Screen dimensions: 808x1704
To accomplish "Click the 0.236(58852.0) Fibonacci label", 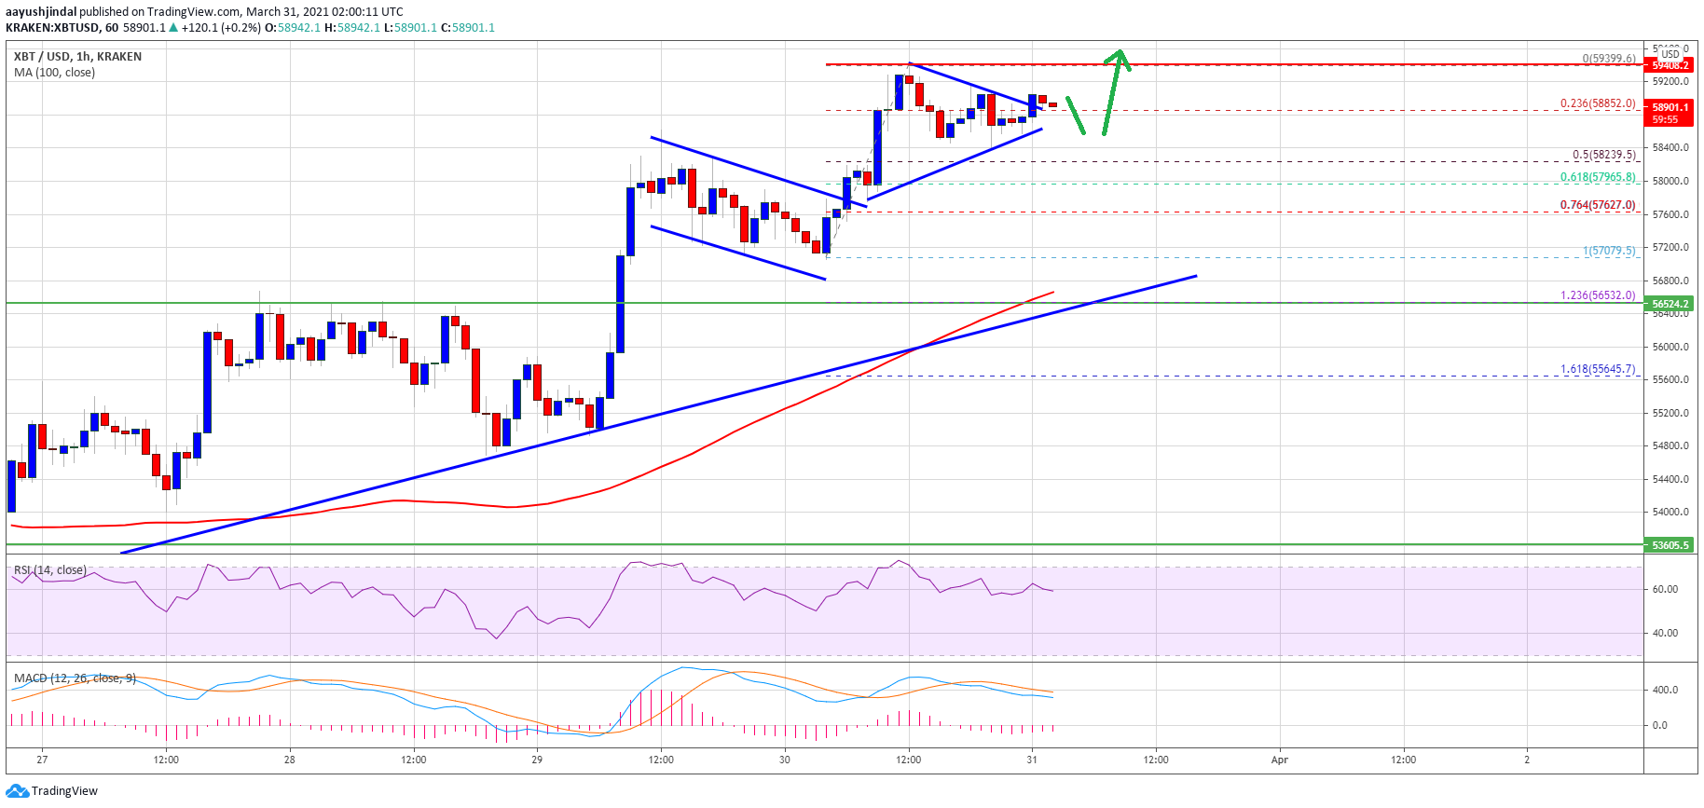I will point(1597,103).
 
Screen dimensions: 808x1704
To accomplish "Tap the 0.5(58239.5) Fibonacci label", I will point(1603,155).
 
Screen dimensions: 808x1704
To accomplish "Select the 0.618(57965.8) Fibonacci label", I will point(1598,177).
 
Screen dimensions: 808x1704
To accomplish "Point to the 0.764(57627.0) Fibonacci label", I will point(1598,205).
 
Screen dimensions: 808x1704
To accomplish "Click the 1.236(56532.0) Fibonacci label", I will point(1598,295).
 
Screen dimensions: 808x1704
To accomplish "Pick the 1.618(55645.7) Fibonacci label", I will point(1598,369).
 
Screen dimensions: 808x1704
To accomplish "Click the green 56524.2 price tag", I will point(1670,304).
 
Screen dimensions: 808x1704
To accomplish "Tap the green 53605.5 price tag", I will point(1670,545).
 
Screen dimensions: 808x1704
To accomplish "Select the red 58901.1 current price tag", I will point(1670,108).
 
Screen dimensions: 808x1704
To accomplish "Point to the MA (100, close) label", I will point(54,73).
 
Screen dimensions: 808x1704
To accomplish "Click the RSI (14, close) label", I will point(49,569).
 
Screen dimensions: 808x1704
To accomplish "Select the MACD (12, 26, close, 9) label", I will point(75,678).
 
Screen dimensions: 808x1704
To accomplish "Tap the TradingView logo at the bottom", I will point(52,791).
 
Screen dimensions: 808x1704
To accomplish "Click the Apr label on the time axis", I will point(1280,760).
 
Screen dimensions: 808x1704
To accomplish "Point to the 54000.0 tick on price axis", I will point(1670,513).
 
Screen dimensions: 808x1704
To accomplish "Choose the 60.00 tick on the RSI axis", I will point(1665,589).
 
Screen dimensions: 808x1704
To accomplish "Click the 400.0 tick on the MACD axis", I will point(1665,691).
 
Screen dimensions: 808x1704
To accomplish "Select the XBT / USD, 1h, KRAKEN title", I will point(77,57).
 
